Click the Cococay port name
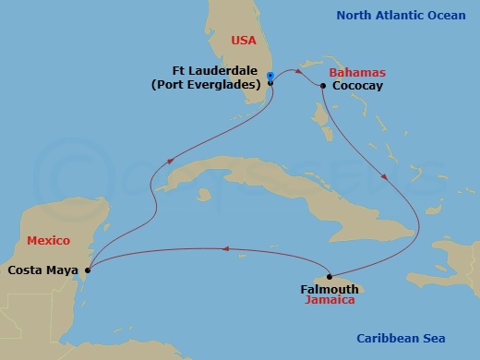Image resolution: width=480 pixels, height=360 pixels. pyautogui.click(x=359, y=86)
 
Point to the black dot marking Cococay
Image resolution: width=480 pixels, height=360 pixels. pyautogui.click(x=323, y=86)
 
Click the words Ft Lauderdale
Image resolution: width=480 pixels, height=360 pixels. pyautogui.click(x=217, y=71)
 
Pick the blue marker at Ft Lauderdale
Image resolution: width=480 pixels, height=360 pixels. pyautogui.click(x=270, y=75)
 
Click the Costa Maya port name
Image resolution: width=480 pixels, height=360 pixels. pyautogui.click(x=42, y=270)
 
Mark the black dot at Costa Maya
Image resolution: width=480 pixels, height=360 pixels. pyautogui.click(x=88, y=270)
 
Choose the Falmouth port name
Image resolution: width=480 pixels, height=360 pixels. pyautogui.click(x=329, y=289)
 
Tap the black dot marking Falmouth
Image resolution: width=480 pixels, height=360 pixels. pyautogui.click(x=330, y=277)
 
